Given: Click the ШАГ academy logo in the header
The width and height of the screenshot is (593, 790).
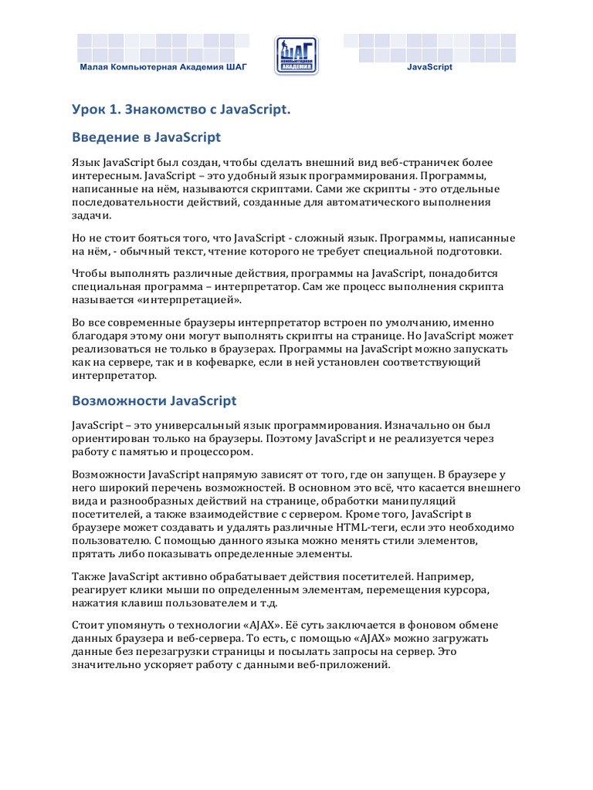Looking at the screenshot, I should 296,56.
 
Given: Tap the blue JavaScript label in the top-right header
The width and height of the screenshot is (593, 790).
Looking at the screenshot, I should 429,67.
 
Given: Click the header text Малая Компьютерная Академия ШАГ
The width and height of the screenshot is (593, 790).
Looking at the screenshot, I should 164,67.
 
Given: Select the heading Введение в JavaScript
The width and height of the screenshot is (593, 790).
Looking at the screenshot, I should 146,137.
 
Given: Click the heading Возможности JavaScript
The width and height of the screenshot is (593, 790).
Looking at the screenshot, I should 154,401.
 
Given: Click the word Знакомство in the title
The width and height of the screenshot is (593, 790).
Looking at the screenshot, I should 164,111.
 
